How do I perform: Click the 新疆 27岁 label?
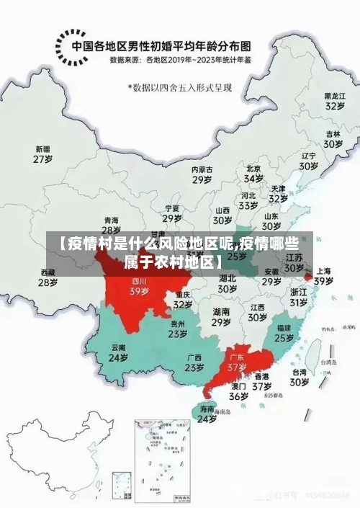point(43,154)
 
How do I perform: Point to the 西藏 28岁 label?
point(48,277)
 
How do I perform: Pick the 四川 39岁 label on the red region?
point(139,287)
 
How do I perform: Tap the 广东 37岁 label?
point(237,362)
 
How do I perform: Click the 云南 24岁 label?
point(118,352)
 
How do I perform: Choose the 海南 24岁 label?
point(207,414)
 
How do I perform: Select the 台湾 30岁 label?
point(300,378)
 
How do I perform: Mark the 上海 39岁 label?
point(323,277)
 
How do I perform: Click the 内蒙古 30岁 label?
point(202,174)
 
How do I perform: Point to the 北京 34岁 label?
point(253,174)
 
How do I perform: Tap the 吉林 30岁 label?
point(333,139)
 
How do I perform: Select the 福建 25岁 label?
point(284,332)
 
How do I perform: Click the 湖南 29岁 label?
point(221,317)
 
